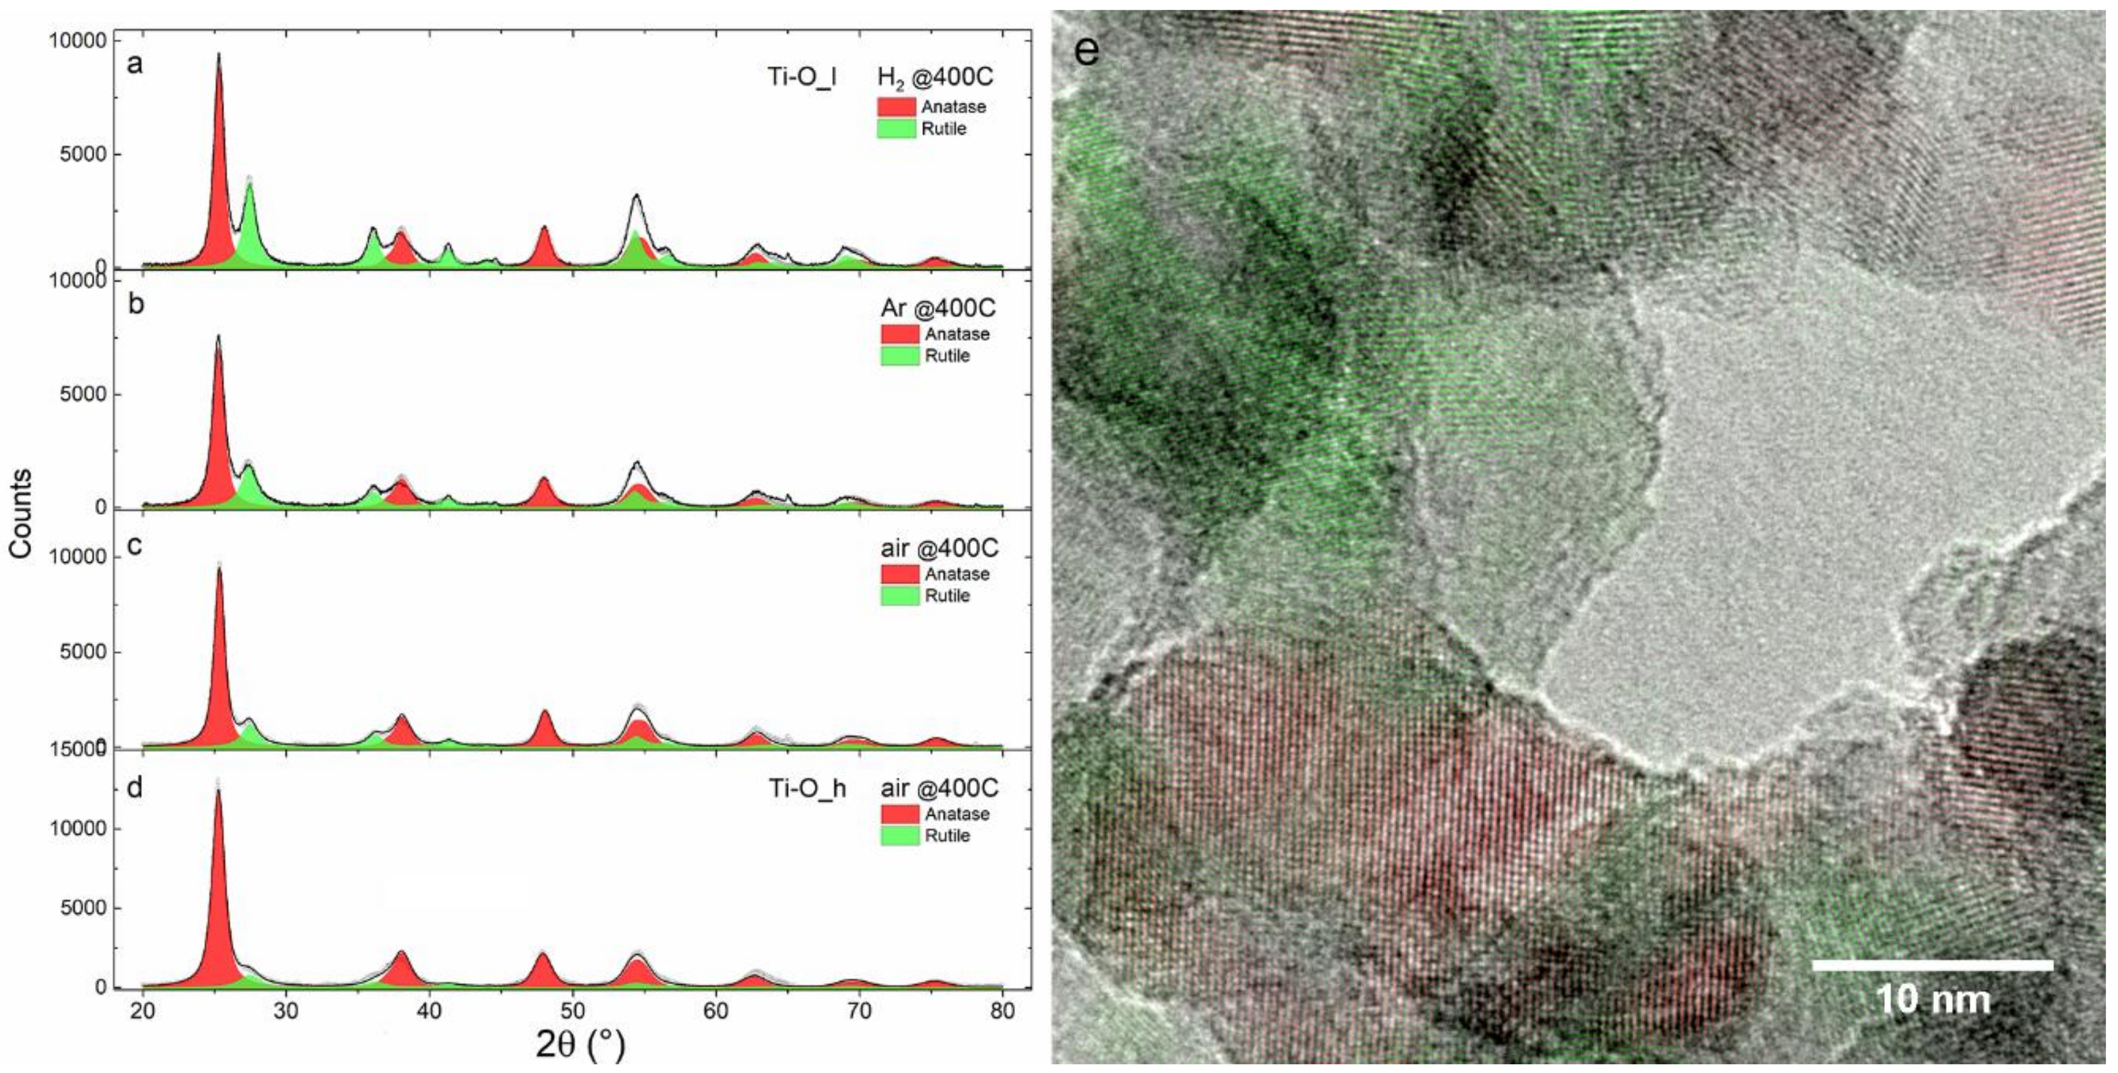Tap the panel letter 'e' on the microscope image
click(1086, 51)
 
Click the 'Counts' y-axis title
click(20, 513)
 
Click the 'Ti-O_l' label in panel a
click(802, 77)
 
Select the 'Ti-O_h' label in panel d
click(807, 788)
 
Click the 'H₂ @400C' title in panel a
click(935, 77)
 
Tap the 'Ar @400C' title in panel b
click(938, 308)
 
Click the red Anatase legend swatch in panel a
click(896, 107)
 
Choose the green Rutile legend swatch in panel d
click(900, 835)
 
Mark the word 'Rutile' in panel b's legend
click(947, 356)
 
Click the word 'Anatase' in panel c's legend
click(957, 574)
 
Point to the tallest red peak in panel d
click(219, 888)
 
